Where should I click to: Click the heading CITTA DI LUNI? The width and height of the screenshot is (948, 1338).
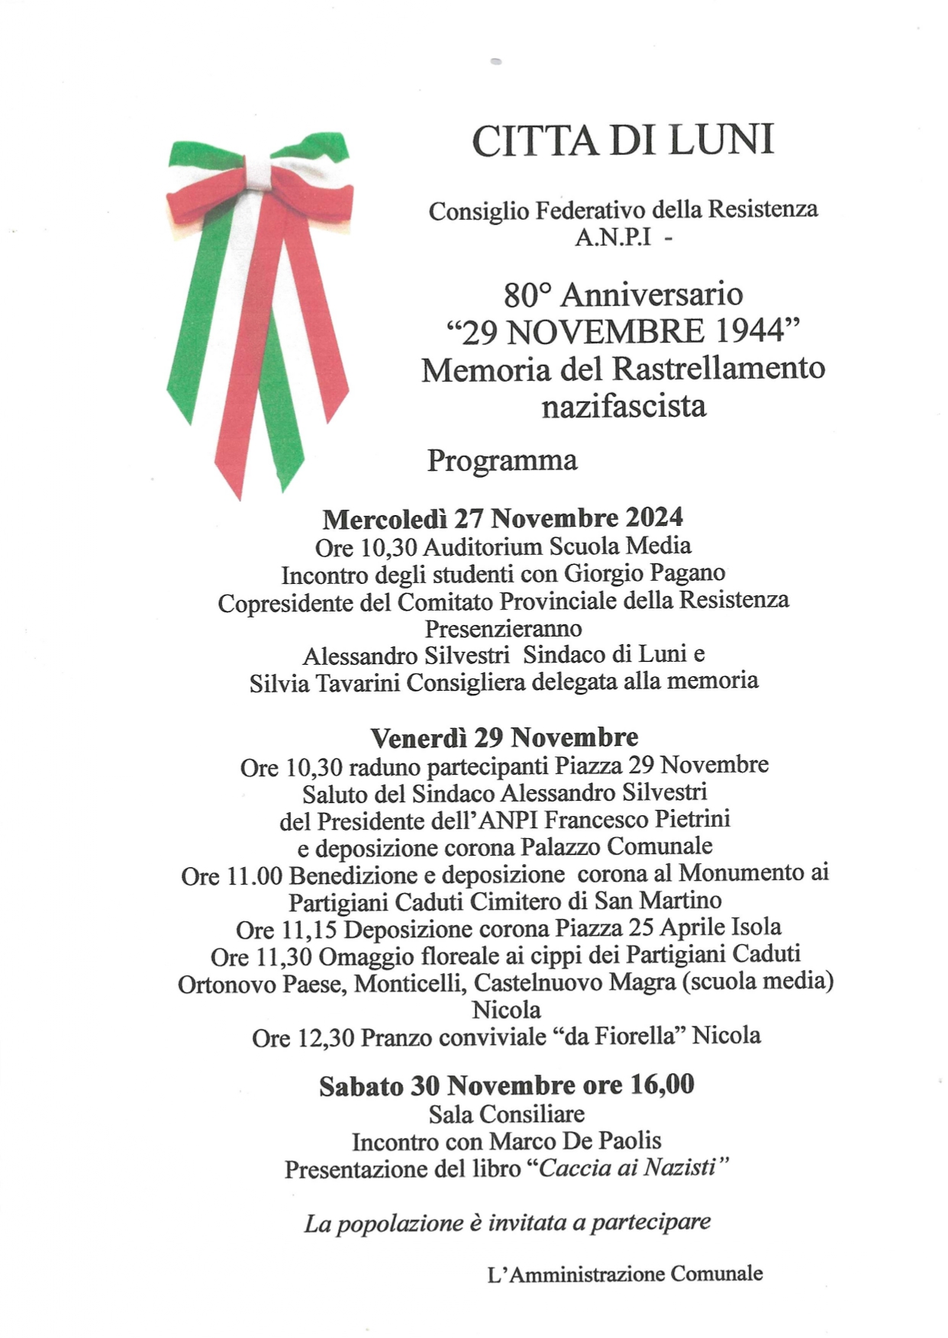pyautogui.click(x=623, y=141)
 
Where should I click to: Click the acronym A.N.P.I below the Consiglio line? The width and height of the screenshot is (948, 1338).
pyautogui.click(x=613, y=238)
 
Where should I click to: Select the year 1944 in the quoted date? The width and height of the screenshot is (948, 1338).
pyautogui.click(x=751, y=331)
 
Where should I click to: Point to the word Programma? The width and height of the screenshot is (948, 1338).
pyautogui.click(x=501, y=460)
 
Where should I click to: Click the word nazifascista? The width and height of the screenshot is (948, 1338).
pyautogui.click(x=624, y=405)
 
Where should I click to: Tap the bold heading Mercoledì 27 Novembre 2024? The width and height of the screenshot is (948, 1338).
pyautogui.click(x=502, y=518)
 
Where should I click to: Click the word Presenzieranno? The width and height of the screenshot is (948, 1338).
pyautogui.click(x=503, y=628)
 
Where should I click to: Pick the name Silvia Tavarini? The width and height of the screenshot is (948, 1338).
pyautogui.click(x=324, y=682)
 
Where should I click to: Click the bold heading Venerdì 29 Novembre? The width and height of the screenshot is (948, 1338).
pyautogui.click(x=504, y=737)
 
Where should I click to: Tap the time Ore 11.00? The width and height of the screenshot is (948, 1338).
pyautogui.click(x=231, y=875)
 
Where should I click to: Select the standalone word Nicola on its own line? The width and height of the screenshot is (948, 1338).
pyautogui.click(x=506, y=1010)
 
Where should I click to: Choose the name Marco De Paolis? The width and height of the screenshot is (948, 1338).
pyautogui.click(x=575, y=1141)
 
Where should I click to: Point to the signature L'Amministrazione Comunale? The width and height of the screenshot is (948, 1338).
pyautogui.click(x=624, y=1273)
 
